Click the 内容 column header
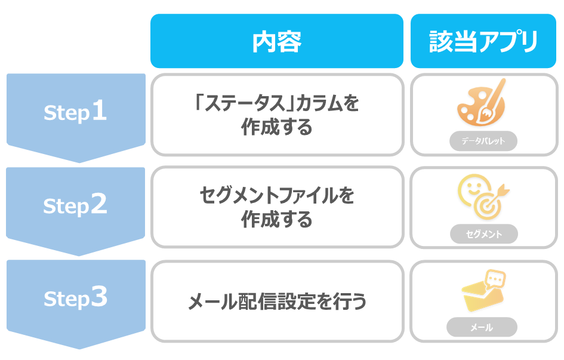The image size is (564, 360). [x=276, y=41]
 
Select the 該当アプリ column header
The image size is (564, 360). [x=483, y=41]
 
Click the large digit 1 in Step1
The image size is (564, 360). [x=99, y=110]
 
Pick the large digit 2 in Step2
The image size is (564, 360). [x=99, y=204]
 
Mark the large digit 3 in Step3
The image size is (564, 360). [x=99, y=297]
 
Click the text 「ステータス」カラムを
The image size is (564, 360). [x=276, y=103]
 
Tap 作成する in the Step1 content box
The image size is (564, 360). [x=276, y=127]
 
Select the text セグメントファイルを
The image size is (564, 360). [x=276, y=196]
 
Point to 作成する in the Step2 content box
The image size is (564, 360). [x=276, y=219]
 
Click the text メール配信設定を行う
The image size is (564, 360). [x=277, y=301]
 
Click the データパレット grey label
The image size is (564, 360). [x=483, y=141]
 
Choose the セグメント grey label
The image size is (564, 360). [x=484, y=234]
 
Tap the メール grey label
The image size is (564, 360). [x=482, y=327]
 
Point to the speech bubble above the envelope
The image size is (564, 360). [x=495, y=279]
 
